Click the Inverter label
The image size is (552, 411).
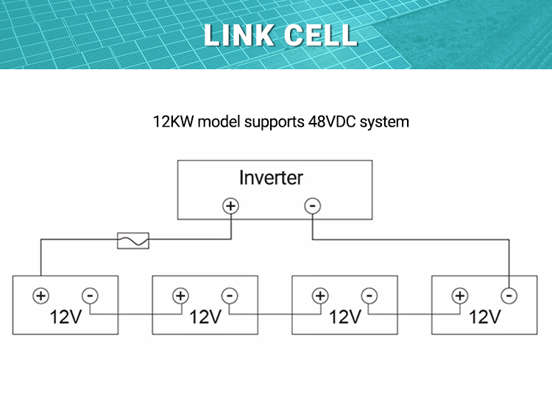point(271,178)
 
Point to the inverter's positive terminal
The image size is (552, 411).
point(231,206)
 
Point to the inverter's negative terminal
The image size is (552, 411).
point(313,206)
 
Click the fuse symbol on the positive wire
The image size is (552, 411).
point(133,240)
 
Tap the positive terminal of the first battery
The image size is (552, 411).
point(40,295)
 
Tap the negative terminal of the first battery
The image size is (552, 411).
point(89,295)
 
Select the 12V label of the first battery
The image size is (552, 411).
point(66,317)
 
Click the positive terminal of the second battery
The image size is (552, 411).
point(180,295)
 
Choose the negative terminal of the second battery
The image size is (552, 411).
point(229,295)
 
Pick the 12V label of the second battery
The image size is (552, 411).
point(205,317)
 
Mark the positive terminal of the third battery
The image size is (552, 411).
point(320,295)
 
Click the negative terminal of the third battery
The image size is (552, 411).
point(369,295)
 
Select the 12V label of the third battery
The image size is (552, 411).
point(345,317)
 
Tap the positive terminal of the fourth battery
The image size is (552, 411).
point(460,295)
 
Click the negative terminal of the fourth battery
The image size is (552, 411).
point(508,295)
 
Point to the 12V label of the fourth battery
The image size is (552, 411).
point(485,317)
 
